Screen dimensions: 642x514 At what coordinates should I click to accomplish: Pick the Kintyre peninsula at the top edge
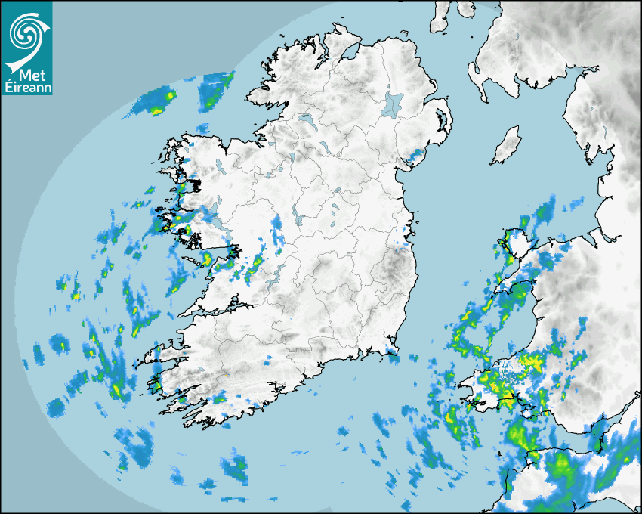pos(440,17)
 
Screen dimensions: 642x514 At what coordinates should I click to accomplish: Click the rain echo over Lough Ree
pos(277,224)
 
